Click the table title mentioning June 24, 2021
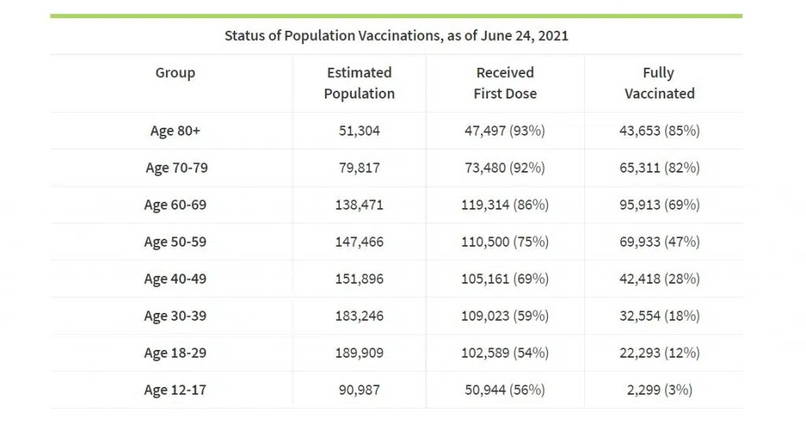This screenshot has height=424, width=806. click(396, 35)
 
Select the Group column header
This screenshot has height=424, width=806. click(175, 73)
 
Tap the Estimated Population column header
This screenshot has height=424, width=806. click(359, 83)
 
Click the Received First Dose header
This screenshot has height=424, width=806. click(505, 83)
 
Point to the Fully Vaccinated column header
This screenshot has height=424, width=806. click(659, 83)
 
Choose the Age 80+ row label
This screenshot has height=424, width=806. click(175, 131)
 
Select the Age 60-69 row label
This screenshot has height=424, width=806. click(175, 205)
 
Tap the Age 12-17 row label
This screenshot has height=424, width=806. click(175, 389)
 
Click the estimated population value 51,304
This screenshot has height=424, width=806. click(359, 131)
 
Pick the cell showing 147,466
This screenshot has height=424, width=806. click(359, 242)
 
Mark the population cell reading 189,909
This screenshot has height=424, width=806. click(359, 352)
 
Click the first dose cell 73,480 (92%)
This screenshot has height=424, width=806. click(505, 168)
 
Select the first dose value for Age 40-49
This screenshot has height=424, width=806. click(505, 279)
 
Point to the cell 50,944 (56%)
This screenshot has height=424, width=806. click(505, 389)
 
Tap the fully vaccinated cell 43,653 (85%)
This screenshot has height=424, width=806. click(659, 131)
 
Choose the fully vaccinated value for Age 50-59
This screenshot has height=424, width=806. click(659, 242)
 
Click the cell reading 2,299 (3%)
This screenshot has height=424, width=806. click(659, 389)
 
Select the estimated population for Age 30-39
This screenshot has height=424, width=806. click(359, 316)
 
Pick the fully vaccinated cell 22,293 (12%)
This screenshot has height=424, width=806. click(659, 352)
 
